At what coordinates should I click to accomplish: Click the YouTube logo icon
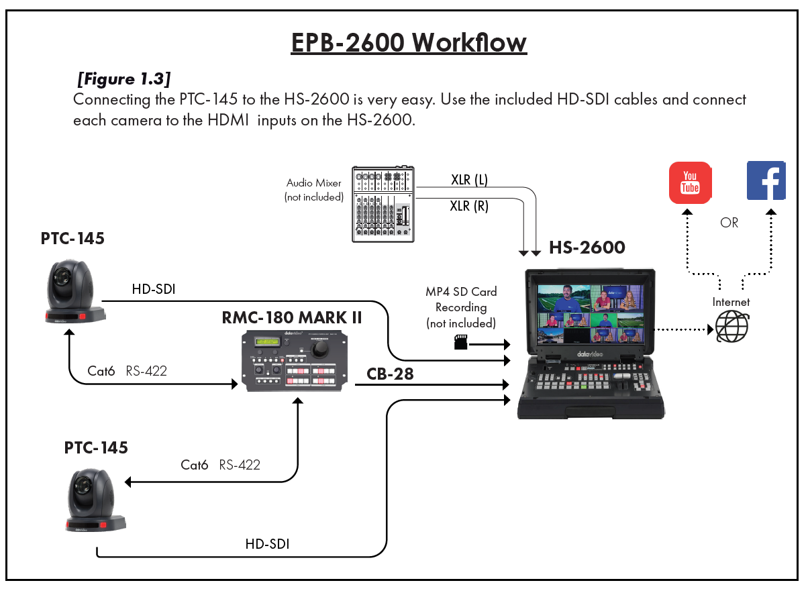click(x=690, y=182)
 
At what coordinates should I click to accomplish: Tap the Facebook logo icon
click(x=766, y=181)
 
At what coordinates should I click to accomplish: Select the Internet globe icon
click(x=731, y=327)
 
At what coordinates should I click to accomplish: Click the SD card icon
click(x=461, y=343)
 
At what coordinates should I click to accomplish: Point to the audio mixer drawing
click(x=383, y=204)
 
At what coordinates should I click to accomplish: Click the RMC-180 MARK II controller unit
click(x=293, y=360)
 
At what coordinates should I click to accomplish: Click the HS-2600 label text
click(x=587, y=248)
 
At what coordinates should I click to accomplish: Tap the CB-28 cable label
click(x=390, y=374)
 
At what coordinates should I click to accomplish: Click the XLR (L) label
click(x=469, y=180)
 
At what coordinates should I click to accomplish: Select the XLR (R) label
click(x=469, y=206)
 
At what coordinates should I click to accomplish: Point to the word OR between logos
click(x=729, y=223)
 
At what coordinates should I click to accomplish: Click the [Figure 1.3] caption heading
click(x=123, y=79)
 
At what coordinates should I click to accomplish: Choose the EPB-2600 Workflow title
click(x=409, y=42)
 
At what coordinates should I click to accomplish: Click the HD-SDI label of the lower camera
click(x=267, y=543)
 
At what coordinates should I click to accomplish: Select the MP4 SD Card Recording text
click(x=461, y=307)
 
